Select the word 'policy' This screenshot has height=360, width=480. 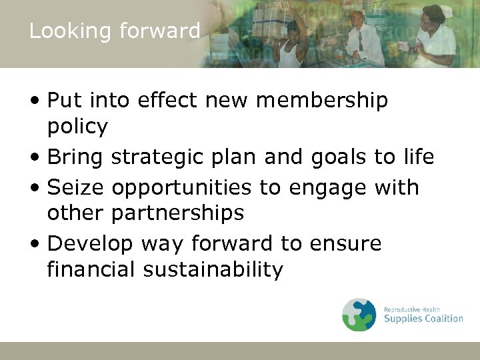(78, 127)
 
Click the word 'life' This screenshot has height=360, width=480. (418, 157)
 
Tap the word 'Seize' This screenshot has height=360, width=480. (76, 187)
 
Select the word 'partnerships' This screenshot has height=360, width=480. (178, 213)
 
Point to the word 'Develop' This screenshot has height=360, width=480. (90, 244)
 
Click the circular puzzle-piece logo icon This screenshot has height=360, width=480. (359, 315)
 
